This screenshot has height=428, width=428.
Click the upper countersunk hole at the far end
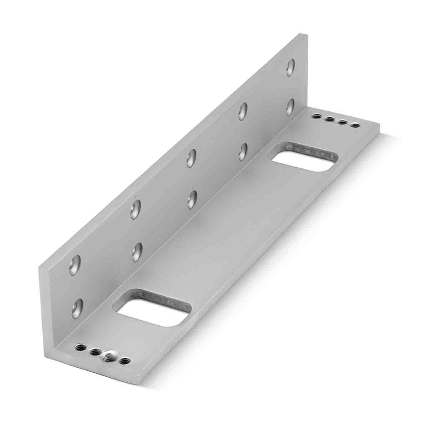point(291,68)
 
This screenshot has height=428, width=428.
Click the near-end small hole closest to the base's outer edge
point(124,361)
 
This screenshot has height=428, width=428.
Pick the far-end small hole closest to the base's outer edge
point(355,125)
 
